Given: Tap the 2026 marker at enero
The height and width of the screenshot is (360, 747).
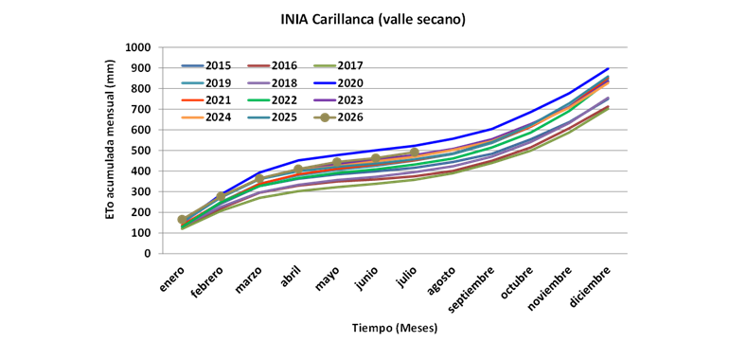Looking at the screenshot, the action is click(182, 220).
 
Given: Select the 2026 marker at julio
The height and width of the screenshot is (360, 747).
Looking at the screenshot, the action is click(415, 153).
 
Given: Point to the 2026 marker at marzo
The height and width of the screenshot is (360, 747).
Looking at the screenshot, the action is click(259, 179).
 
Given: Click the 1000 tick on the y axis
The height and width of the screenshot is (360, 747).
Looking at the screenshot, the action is click(137, 47).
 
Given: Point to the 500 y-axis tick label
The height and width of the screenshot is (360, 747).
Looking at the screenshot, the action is click(141, 151).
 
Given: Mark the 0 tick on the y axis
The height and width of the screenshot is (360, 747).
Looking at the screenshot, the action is click(148, 254).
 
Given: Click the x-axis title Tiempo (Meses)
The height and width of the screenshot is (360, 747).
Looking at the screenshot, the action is click(395, 329).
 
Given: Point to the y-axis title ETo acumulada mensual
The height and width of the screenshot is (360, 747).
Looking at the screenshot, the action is click(110, 140).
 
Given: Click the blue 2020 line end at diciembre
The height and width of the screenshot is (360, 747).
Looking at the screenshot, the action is click(609, 68).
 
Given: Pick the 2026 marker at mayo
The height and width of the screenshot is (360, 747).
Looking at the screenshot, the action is click(337, 163).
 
